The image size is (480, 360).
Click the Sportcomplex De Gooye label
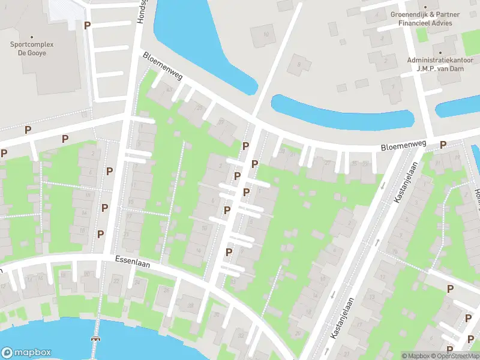click(x=32, y=48)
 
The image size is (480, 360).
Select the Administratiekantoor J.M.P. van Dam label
click(x=440, y=64)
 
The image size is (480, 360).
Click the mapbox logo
click(x=26, y=353)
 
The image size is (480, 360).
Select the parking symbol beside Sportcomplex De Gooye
click(x=88, y=26)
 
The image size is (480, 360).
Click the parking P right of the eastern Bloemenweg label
click(x=443, y=145)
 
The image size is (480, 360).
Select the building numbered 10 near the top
click(x=265, y=35)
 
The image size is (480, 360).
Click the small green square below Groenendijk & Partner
click(x=422, y=35)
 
